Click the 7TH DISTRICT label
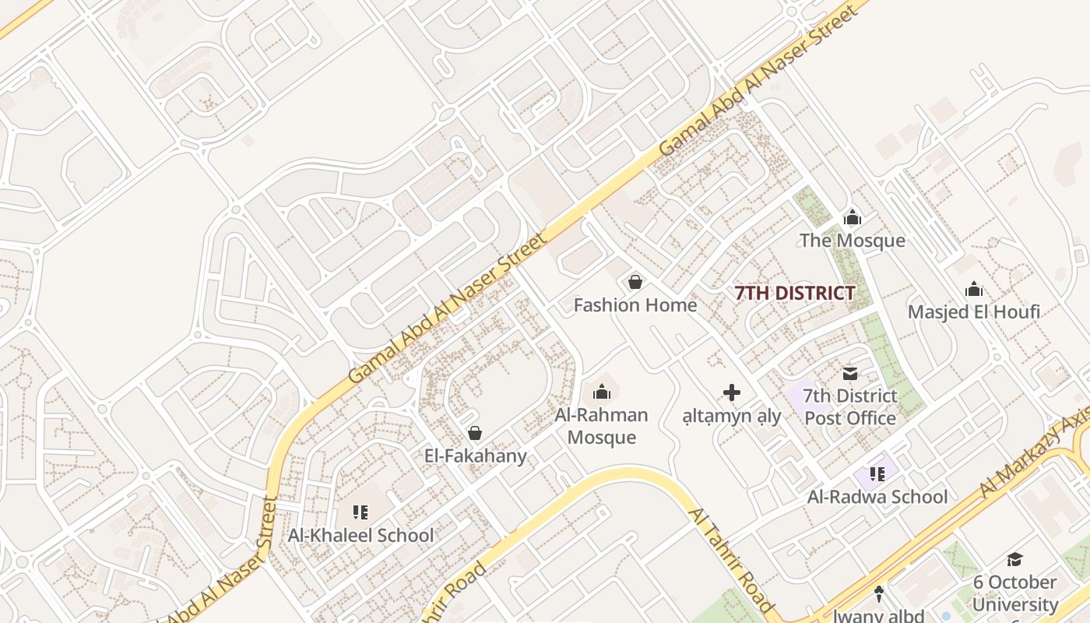coord(795,294)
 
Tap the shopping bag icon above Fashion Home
coord(635,282)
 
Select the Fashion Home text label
coord(635,304)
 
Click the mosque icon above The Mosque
coord(853,217)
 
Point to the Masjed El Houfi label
coord(973,312)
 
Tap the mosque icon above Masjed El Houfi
coord(973,290)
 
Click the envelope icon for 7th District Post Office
coord(849,374)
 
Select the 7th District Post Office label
coord(849,407)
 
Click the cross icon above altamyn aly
coord(732,392)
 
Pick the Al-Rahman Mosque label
coord(601,426)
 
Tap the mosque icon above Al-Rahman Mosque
coord(601,392)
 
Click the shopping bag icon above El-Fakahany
coord(475,433)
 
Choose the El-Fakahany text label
coord(475,456)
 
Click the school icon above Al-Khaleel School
coord(360,512)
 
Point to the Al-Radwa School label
coord(877,497)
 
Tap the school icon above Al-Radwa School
coord(877,474)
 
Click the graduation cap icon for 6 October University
coord(1014,559)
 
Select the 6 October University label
coord(1014,593)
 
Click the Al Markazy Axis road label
coord(1035,452)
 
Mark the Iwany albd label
coord(878,615)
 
